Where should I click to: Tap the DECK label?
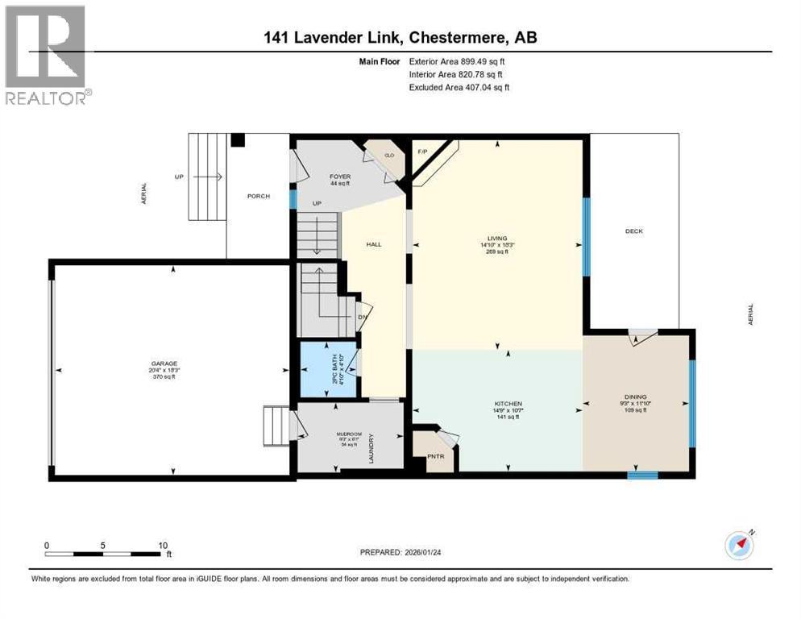coord(633,231)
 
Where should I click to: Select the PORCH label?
coord(259,196)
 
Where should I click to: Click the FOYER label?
coord(339,176)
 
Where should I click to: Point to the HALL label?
coord(374,244)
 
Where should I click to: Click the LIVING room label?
coord(497,239)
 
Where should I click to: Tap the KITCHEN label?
coord(508,404)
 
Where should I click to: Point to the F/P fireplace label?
coord(421,152)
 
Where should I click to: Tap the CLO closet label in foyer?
coord(388,155)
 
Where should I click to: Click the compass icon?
coord(740,546)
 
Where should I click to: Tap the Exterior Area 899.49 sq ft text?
coord(459,60)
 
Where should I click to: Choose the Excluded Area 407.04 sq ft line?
coord(459,87)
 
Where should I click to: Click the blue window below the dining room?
coord(643,475)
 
